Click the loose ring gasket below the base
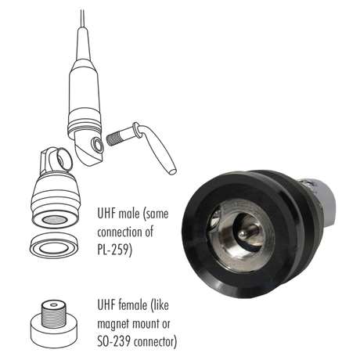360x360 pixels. pos(55,253)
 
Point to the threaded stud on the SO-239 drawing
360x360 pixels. pos(54,315)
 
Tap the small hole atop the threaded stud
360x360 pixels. pos(54,304)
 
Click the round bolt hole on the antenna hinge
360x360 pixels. pos(97,144)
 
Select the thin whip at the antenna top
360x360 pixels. pos(82,19)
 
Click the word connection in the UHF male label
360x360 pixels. pos(121,232)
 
